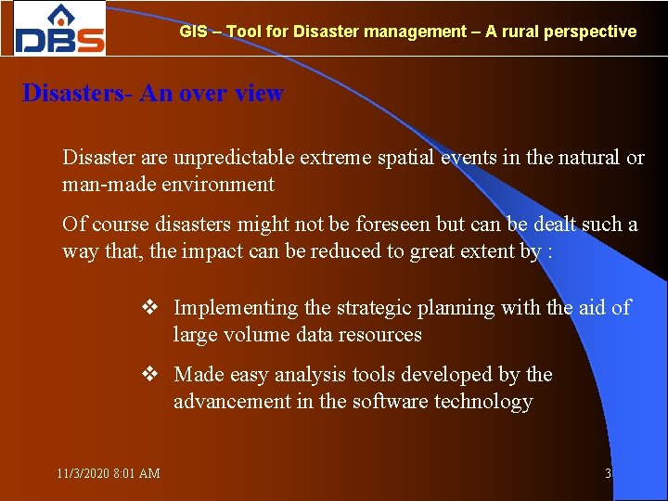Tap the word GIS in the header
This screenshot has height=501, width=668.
[x=193, y=32]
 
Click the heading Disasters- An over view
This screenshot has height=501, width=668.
[x=153, y=94]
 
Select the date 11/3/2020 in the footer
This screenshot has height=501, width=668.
[x=82, y=474]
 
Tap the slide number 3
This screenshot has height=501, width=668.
[x=608, y=474]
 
